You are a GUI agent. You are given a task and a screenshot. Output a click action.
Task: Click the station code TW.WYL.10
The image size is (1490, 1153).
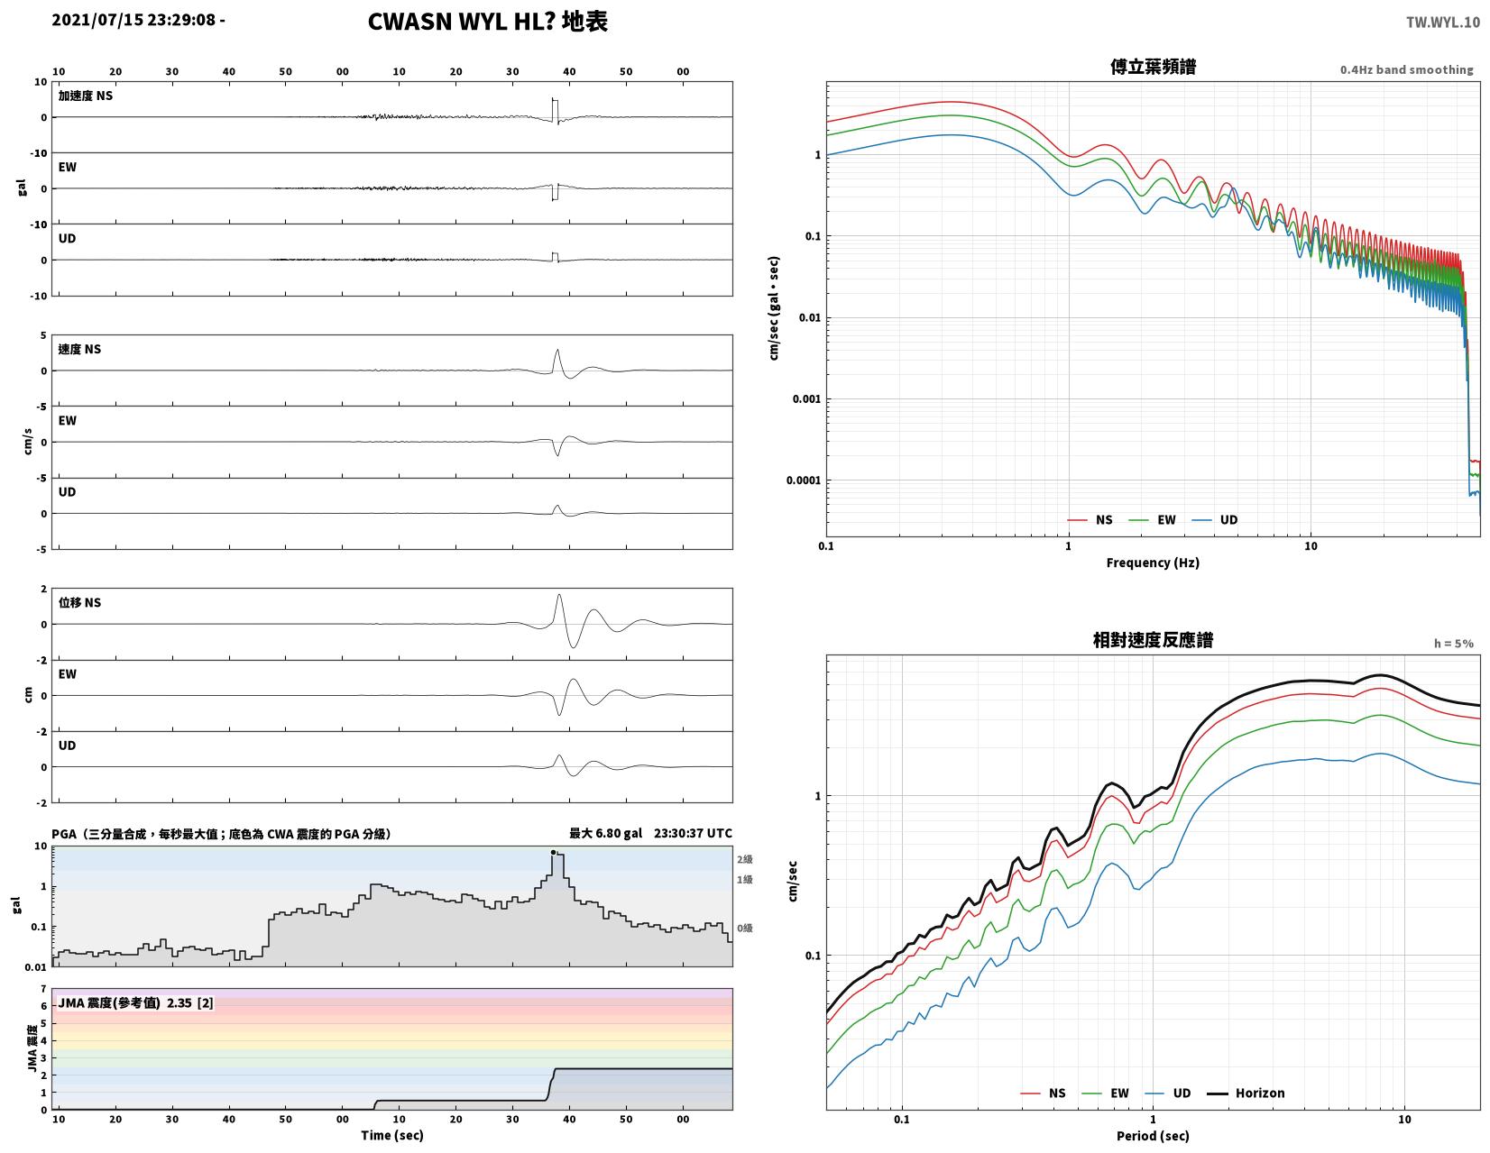1442,22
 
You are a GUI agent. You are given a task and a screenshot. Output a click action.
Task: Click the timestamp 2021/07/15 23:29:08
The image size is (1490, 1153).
133,20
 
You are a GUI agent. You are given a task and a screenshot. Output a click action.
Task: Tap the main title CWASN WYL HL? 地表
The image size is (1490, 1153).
487,22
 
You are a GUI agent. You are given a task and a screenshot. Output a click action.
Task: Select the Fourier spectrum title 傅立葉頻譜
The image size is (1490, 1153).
1152,67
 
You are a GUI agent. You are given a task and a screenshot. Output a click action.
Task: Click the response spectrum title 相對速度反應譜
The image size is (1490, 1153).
1152,639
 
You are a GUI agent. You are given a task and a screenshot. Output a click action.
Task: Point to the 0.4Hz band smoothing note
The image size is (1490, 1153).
1405,69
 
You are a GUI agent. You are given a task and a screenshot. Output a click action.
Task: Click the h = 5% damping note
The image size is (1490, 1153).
1453,643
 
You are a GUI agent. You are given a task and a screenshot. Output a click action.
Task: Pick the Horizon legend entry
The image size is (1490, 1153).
1245,1092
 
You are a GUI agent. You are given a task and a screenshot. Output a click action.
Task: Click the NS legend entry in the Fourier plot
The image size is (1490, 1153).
1090,519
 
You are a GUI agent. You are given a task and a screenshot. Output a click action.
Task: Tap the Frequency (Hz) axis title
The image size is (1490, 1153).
1152,563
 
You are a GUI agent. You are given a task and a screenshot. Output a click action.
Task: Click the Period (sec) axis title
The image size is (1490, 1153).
1152,1135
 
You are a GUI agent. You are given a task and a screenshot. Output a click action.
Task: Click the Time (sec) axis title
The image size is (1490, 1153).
391,1134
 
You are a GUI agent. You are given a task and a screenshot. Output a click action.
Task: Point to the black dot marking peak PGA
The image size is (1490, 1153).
553,852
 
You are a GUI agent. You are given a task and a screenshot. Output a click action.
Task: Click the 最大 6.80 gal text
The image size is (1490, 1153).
605,832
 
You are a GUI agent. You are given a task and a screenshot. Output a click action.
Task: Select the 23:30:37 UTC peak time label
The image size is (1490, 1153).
692,832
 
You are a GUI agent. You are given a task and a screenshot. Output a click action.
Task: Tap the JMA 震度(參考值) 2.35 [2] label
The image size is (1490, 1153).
135,1002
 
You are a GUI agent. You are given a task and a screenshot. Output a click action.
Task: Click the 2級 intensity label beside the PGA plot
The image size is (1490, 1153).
744,858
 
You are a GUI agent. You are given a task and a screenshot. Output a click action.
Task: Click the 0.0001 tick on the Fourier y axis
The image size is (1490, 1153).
803,480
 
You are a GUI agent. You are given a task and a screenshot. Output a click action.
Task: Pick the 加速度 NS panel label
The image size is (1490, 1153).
85,96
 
